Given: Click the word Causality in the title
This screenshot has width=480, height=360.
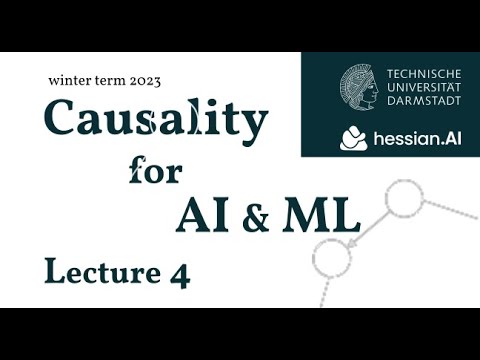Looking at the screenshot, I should point(156,123).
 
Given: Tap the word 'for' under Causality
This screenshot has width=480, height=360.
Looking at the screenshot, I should point(155,169).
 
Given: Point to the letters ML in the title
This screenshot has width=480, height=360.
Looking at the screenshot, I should point(317,213).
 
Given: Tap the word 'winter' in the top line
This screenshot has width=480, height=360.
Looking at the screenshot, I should point(70,79).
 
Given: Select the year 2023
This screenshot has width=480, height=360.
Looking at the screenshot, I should point(145,80).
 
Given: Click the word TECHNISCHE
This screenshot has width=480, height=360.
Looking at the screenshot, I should point(423,73).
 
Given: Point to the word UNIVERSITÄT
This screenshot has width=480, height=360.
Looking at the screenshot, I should point(423,87).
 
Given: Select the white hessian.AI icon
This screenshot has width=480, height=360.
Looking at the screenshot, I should point(353,138).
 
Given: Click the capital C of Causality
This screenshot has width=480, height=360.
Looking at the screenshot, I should point(63,123).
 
